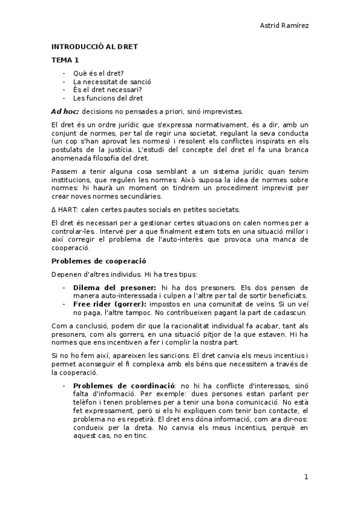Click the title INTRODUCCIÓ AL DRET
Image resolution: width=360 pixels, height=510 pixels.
point(94,46)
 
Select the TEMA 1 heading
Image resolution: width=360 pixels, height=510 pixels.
point(65,60)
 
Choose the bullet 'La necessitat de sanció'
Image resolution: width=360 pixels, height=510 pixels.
point(112,81)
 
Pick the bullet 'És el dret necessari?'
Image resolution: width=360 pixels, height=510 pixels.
point(108,90)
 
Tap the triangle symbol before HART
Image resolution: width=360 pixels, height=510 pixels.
point(53,209)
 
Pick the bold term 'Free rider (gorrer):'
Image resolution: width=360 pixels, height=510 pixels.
point(111,304)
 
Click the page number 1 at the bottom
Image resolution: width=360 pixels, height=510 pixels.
point(306,477)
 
